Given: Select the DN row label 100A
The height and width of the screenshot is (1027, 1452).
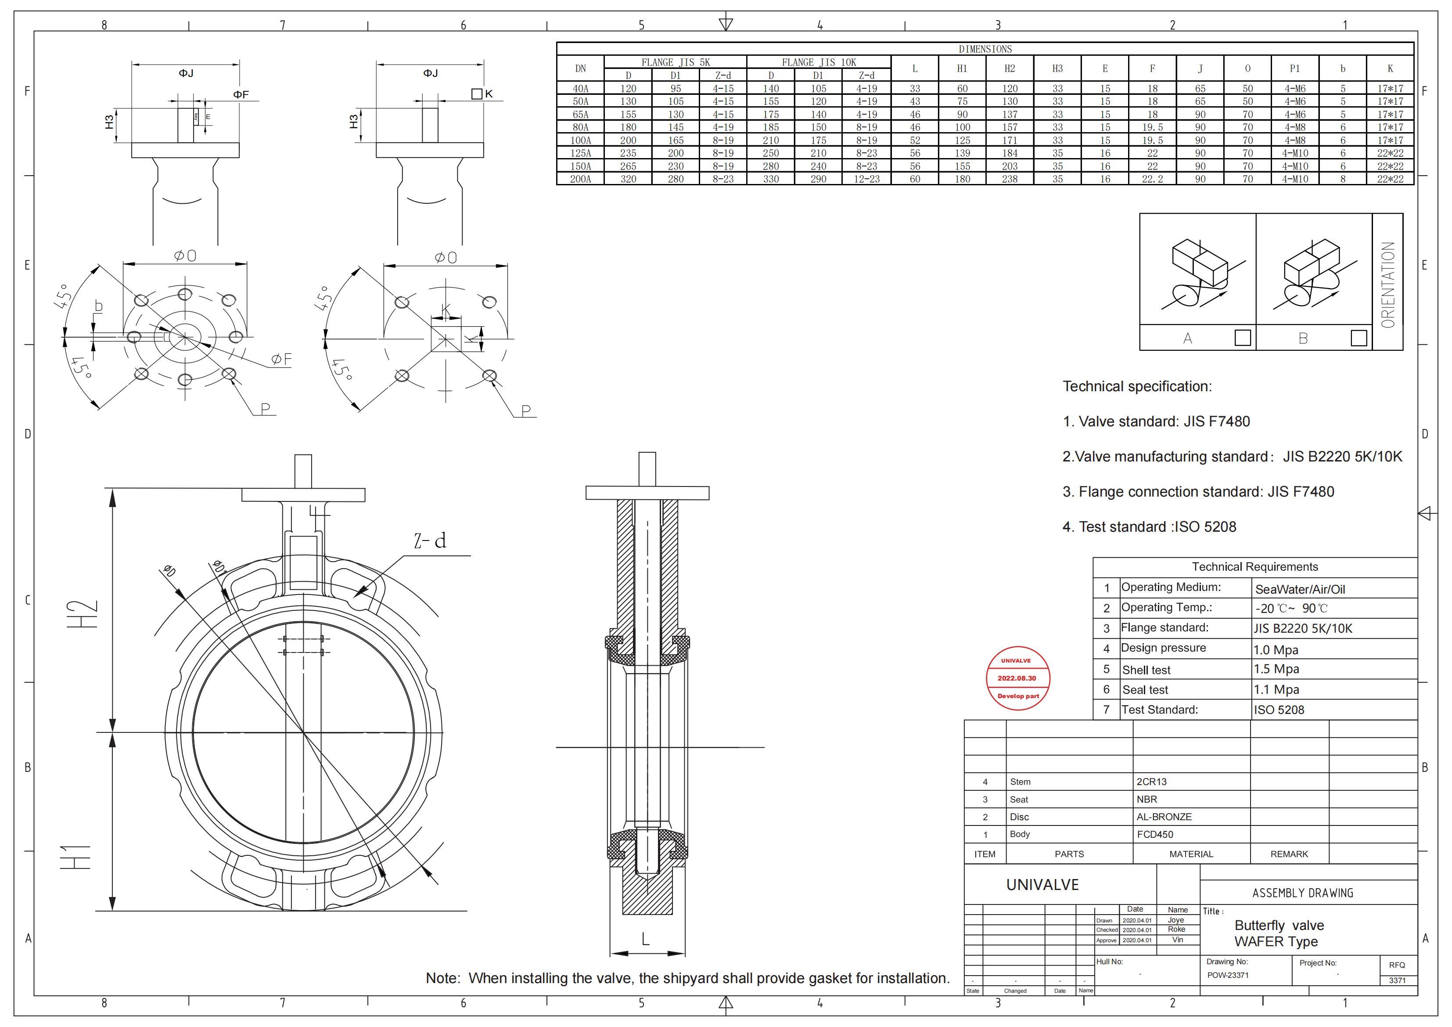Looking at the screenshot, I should pos(581,141).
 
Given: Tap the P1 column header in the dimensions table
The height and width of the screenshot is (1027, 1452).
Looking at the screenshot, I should pos(1294,68).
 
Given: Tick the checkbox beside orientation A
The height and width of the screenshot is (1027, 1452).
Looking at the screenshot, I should pos(1242,338).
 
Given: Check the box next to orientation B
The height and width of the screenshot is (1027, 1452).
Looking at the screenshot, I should pos(1359,338).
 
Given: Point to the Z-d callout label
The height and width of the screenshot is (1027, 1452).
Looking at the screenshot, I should pos(430,541).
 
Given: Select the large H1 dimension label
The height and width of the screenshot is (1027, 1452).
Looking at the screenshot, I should pos(76,858).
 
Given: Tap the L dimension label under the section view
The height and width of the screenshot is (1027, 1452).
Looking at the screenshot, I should pos(646,939).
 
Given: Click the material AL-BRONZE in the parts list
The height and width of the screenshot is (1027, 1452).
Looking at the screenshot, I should pos(1164,817).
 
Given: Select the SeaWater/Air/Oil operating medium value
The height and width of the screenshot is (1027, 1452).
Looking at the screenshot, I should pos(1300,590).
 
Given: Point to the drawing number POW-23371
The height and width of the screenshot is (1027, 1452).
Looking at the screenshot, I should pos(1228,975).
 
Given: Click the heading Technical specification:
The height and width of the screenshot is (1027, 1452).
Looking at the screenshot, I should pos(1137,387).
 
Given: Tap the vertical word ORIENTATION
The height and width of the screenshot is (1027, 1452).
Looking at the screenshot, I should pos(1388,285).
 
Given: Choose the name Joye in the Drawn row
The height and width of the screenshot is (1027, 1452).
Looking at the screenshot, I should pos(1175,920).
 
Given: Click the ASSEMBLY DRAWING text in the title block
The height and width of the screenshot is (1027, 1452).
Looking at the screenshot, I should pos(1303,893).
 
